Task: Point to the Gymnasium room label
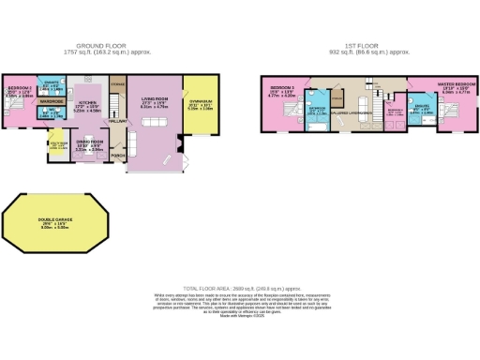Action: click(x=201, y=103)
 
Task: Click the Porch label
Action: click(x=119, y=155)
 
